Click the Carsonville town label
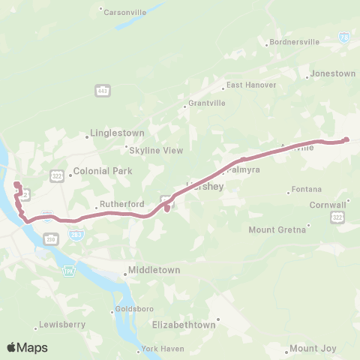click(127, 12)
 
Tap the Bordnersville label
click(293, 42)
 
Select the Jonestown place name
click(333, 74)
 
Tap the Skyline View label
click(157, 150)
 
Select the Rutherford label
click(122, 204)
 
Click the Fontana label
click(307, 190)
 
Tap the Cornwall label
click(331, 204)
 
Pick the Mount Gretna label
click(277, 229)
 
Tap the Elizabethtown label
click(184, 325)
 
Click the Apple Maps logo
click(27, 347)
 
